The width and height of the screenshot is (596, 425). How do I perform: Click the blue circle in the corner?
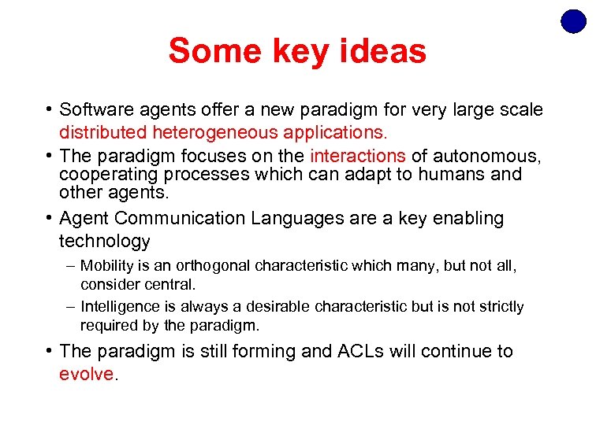[x=573, y=21]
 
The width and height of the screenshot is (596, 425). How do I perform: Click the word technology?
[x=105, y=241]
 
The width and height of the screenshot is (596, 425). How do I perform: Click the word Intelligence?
[x=117, y=306]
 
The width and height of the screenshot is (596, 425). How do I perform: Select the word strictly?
[x=498, y=306]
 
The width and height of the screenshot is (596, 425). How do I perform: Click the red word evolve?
[x=87, y=374]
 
